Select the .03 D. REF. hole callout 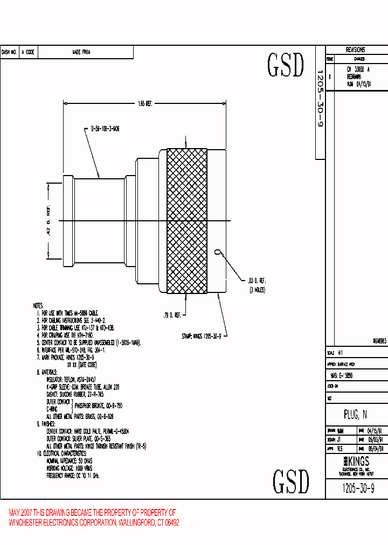pyautogui.click(x=257, y=280)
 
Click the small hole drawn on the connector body pyautogui.click(x=218, y=251)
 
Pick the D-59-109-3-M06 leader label pyautogui.click(x=105, y=129)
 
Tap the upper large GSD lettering pyautogui.click(x=286, y=65)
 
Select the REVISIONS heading pyautogui.click(x=356, y=50)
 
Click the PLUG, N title pyautogui.click(x=355, y=414)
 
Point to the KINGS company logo pyautogui.click(x=356, y=462)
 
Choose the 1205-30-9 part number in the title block pyautogui.click(x=358, y=488)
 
